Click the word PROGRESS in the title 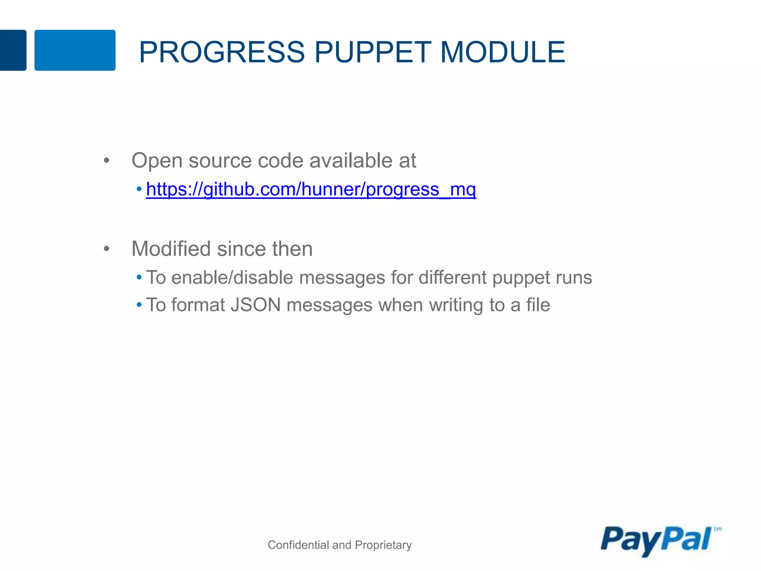222,52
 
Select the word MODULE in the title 502,52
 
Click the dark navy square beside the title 13,50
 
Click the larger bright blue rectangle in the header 75,50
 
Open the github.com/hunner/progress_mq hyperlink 311,189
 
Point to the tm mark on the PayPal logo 718,529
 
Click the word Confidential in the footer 298,545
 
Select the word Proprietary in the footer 383,545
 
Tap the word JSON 256,305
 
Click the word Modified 171,249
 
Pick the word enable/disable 232,278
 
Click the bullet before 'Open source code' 107,161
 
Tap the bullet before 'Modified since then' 107,249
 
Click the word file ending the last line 538,305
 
